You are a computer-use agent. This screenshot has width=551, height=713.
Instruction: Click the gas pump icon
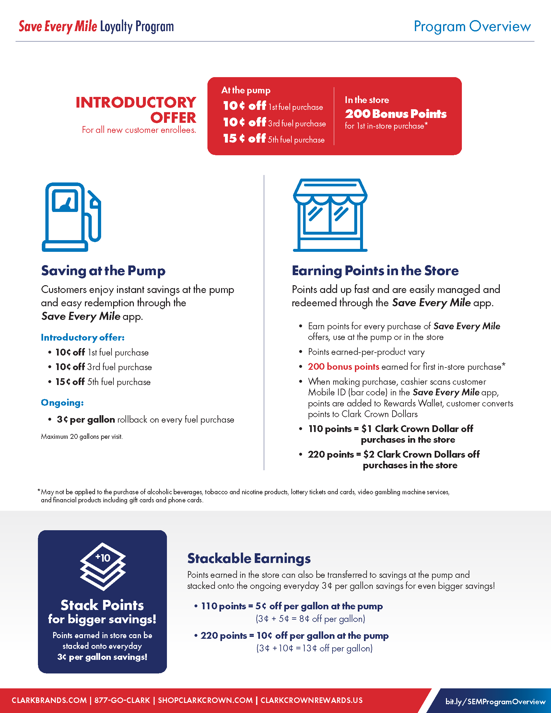click(71, 217)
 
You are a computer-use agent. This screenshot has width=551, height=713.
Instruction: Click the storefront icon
click(330, 215)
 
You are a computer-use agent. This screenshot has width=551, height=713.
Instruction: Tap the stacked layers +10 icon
click(102, 567)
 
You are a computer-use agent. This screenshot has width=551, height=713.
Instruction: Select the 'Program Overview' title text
click(472, 27)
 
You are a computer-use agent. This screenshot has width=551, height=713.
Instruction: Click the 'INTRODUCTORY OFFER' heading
click(136, 110)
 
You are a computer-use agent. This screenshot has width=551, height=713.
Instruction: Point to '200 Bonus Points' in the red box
click(396, 114)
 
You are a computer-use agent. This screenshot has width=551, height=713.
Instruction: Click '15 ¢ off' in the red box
click(244, 138)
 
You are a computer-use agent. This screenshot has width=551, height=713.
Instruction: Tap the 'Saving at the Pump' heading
click(103, 271)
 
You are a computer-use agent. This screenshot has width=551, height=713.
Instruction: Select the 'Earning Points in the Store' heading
click(375, 271)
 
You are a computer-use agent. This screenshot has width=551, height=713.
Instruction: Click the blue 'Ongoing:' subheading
click(62, 403)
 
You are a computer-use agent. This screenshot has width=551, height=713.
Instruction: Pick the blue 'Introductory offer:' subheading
click(83, 337)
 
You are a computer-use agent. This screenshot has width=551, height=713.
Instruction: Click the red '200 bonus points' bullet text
click(343, 367)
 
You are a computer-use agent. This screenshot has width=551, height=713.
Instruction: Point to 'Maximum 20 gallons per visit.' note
click(82, 437)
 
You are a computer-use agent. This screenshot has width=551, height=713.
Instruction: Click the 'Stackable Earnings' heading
click(249, 558)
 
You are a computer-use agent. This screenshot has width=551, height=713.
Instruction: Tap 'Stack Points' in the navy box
click(102, 605)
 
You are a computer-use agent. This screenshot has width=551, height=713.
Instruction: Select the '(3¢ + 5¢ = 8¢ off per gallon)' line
click(310, 619)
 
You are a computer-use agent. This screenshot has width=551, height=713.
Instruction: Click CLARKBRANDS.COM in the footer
click(49, 700)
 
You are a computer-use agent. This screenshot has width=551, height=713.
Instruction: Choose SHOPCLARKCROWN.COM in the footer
click(205, 700)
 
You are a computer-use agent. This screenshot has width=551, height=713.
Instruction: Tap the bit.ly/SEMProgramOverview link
click(495, 702)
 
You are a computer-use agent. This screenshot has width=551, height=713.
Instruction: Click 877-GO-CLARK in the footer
click(122, 700)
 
